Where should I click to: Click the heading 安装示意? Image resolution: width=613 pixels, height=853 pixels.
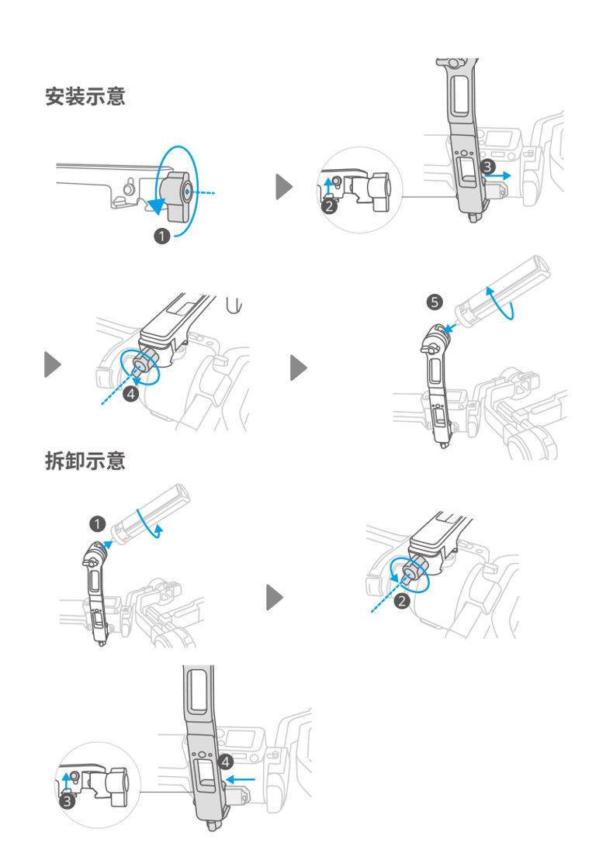coord(85,98)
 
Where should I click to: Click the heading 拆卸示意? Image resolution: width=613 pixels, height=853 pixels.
coord(85,461)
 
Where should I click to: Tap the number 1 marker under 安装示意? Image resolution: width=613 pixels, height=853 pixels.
coord(162,237)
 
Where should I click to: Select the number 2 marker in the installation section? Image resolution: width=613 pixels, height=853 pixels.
coord(329,205)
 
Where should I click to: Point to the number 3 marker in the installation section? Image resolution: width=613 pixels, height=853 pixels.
coord(487,165)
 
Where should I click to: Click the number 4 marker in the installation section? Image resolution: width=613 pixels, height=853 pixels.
coord(132,394)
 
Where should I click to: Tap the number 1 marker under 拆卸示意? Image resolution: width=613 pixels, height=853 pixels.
coord(96,524)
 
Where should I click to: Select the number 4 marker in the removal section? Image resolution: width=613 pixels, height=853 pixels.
coord(225,761)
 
